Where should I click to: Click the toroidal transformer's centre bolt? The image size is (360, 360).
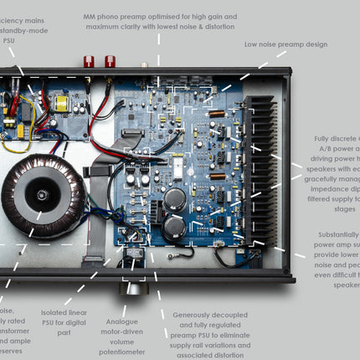(41, 194)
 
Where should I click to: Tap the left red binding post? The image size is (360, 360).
(88, 61)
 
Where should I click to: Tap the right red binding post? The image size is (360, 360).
(110, 61)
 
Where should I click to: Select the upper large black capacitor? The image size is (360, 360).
(175, 198)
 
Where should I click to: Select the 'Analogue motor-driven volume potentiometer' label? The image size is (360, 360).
(128, 332)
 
